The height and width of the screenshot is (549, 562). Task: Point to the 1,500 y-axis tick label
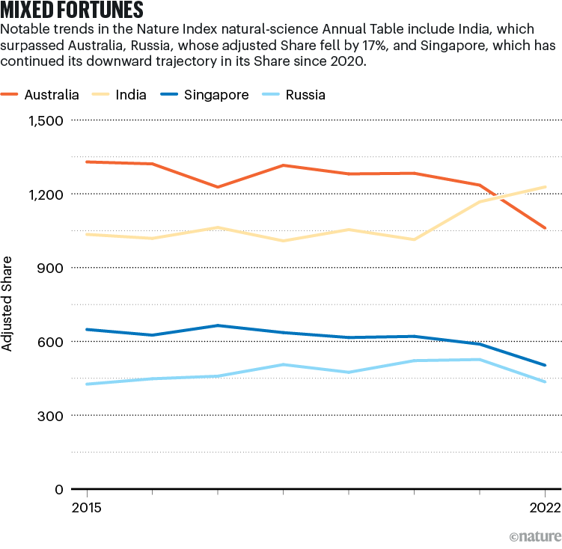point(45,120)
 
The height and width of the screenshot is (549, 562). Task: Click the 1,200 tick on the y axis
point(45,194)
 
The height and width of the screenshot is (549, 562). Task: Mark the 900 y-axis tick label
point(51,268)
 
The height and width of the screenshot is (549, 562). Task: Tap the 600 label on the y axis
point(51,342)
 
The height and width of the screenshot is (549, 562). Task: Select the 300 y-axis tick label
point(51,415)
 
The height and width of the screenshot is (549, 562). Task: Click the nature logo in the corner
point(535,537)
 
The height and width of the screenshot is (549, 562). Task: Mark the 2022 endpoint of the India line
point(545,187)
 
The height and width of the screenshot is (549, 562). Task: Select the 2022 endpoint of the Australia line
point(545,227)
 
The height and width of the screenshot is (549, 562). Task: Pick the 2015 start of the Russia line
point(88,384)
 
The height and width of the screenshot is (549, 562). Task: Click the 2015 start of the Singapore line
point(88,329)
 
